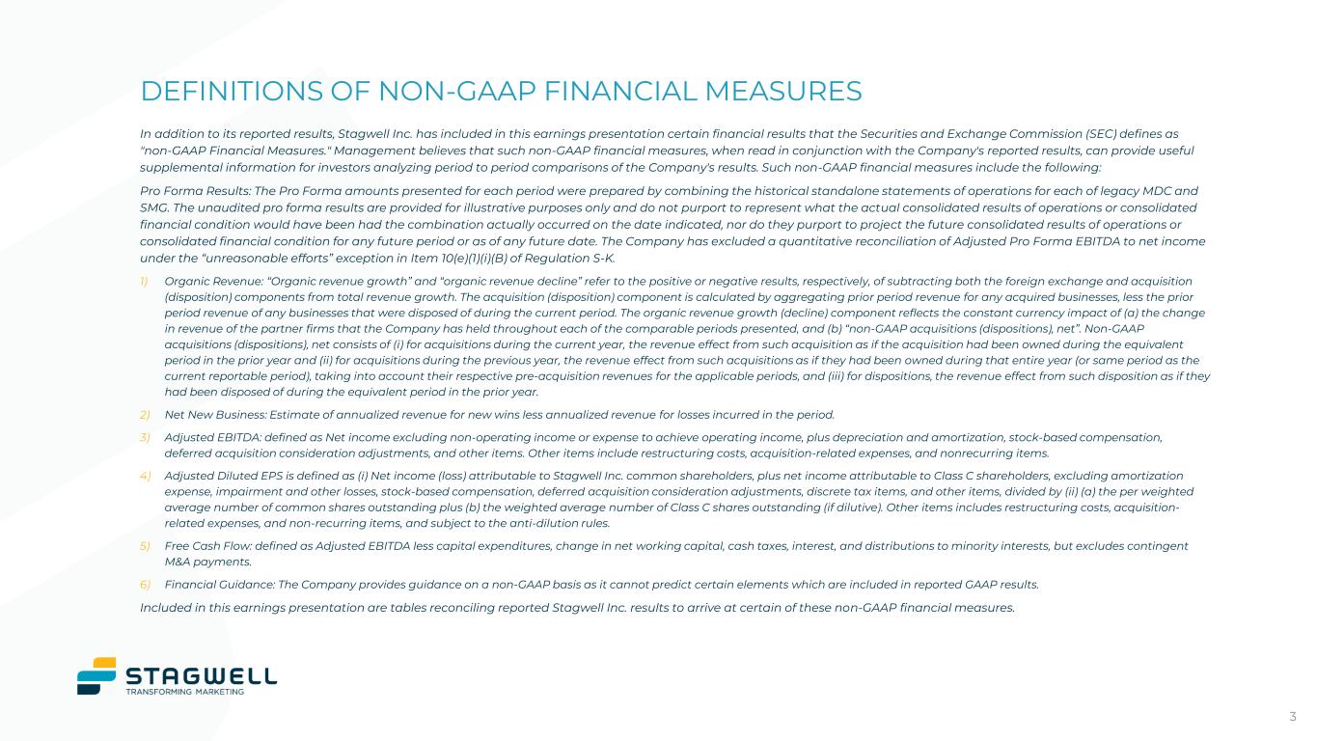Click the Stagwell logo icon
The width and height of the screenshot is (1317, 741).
pyautogui.click(x=96, y=675)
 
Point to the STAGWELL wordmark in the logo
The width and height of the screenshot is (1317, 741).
pyautogui.click(x=202, y=673)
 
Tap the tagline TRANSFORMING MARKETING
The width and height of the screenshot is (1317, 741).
pyautogui.click(x=185, y=691)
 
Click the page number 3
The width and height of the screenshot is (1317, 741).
pyautogui.click(x=1293, y=716)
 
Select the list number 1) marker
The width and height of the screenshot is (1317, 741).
pyautogui.click(x=146, y=281)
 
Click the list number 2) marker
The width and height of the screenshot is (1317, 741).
pyautogui.click(x=146, y=415)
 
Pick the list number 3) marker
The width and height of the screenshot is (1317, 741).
pyautogui.click(x=146, y=438)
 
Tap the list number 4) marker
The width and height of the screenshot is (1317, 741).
pyautogui.click(x=146, y=476)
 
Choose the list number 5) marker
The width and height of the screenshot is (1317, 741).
pyautogui.click(x=146, y=546)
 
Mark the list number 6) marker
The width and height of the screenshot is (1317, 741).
pyautogui.click(x=146, y=584)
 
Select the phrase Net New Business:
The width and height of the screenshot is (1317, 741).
pyautogui.click(x=216, y=415)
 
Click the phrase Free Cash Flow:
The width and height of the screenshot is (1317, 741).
pyautogui.click(x=207, y=546)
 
